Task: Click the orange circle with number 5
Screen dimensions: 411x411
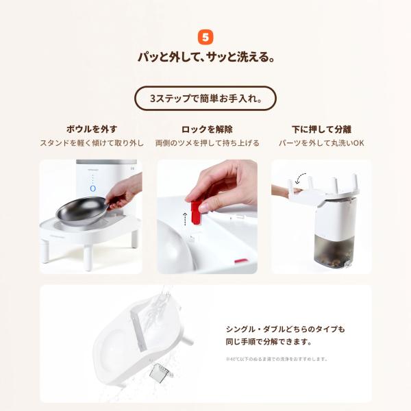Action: pyautogui.click(x=205, y=36)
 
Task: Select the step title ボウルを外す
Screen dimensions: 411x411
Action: pyautogui.click(x=91, y=129)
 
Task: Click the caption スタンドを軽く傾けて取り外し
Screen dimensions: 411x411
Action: pyautogui.click(x=91, y=143)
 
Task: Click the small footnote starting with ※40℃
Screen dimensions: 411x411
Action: pyautogui.click(x=277, y=358)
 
